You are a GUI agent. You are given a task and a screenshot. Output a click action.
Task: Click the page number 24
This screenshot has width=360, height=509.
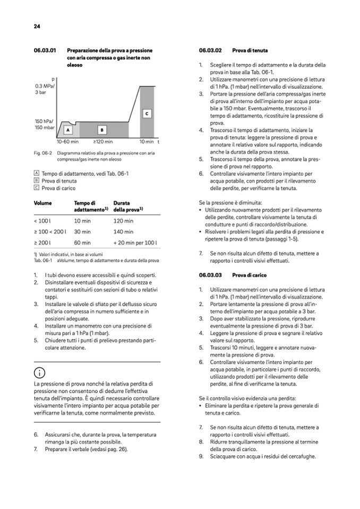pos(37,26)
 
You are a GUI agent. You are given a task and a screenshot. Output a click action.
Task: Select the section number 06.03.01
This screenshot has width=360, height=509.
pos(45,50)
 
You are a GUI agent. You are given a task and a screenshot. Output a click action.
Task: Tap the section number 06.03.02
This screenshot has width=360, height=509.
pos(210,50)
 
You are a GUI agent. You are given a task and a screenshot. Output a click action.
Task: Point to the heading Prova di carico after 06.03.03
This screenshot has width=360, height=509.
pos(250,275)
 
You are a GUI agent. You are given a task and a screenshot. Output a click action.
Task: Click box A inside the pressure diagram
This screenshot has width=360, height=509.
pos(68,129)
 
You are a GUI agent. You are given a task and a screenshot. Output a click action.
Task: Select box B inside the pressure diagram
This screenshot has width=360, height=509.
pos(101,129)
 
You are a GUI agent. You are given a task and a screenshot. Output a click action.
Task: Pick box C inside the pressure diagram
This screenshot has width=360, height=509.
pos(147,114)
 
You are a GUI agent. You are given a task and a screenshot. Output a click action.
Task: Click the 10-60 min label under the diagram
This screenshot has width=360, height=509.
pos(67,142)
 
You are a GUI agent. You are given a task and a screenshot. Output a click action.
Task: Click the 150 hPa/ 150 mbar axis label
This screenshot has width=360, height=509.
pos(45,124)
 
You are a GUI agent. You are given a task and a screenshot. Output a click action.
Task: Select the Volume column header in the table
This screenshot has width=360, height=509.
pos(42,203)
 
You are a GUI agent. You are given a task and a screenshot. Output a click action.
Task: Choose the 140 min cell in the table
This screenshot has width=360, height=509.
pos(123,231)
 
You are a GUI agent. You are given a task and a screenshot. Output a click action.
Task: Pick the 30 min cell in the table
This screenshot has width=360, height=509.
pos(82,231)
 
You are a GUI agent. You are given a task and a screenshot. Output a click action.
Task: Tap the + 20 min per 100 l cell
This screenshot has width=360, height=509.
pos(135,243)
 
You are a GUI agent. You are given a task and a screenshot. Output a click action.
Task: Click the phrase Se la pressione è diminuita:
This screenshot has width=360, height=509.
pos(230,202)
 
